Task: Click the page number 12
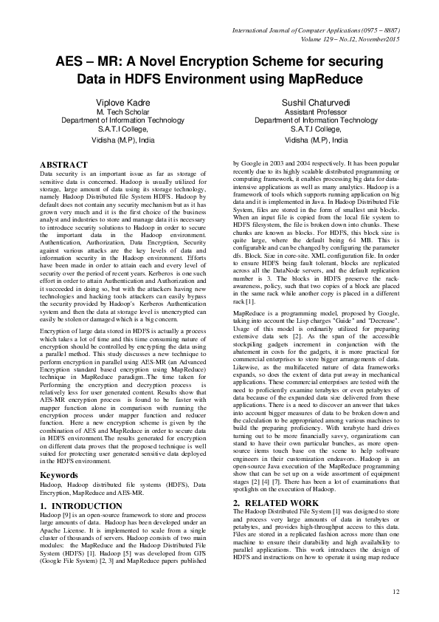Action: [395, 591]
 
